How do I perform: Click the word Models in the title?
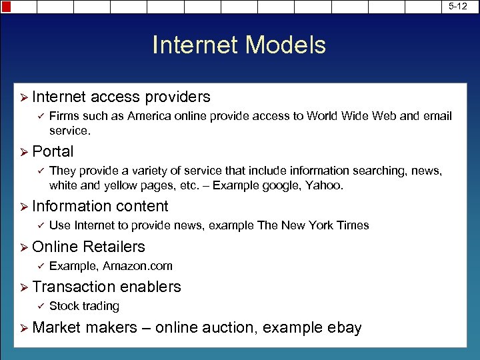pos(286,45)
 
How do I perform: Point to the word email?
pos(437,116)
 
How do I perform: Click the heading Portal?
pos(53,151)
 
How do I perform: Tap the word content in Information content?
pos(142,207)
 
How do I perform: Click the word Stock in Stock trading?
pos(64,306)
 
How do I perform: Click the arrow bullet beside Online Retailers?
pos(23,247)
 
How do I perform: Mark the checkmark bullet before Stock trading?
pos(39,306)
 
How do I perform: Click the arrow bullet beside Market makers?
pos(23,327)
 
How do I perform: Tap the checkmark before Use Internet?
pos(39,225)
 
